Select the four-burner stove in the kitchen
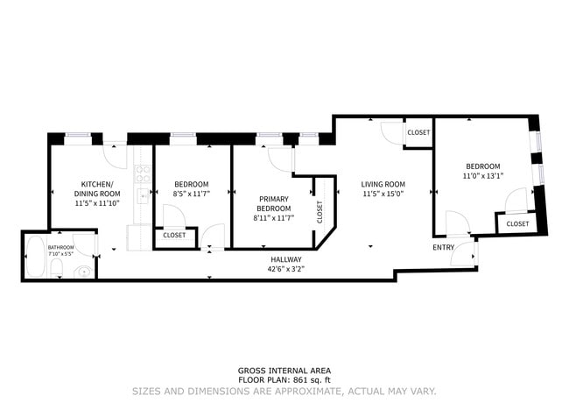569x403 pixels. pos(143,174)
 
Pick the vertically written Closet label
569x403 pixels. pos(320,211)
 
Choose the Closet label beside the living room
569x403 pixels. pos(418,132)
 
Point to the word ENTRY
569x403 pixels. pos(444,248)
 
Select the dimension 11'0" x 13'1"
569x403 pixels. pos(482,176)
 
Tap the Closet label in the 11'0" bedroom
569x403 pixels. pos(517,223)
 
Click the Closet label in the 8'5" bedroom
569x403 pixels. pos(173,235)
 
